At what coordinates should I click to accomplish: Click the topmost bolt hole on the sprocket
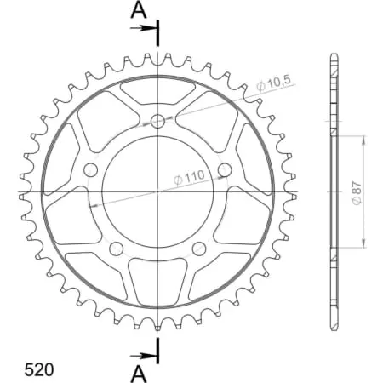[x=158, y=121]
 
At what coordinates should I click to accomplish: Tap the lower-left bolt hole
[x=117, y=249]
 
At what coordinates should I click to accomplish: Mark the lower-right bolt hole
[x=199, y=249]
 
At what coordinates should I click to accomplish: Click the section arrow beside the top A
[x=143, y=28]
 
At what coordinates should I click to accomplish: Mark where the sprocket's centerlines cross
[x=158, y=192]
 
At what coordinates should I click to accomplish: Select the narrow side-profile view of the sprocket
[x=333, y=191]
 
